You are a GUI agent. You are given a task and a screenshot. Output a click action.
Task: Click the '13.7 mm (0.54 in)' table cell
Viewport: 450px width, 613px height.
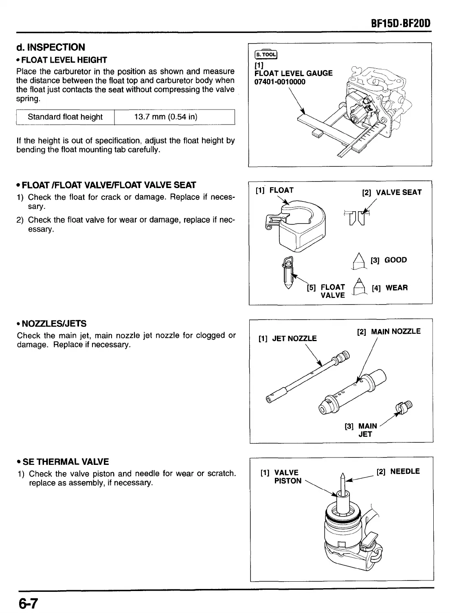[166, 117]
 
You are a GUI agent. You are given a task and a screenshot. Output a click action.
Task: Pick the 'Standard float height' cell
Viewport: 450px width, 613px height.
[65, 117]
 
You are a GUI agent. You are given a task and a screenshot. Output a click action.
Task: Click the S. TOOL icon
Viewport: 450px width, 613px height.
[266, 55]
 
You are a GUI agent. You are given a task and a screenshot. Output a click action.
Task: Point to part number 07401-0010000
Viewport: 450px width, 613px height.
[279, 82]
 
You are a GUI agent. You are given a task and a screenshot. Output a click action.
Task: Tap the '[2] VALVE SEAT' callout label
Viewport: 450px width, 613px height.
[392, 192]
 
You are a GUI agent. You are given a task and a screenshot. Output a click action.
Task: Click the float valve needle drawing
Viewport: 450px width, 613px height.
[288, 273]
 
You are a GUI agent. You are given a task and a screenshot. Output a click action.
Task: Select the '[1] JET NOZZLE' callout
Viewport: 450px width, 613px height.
[288, 338]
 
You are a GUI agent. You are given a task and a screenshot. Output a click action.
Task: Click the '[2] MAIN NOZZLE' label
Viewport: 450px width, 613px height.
[389, 332]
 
